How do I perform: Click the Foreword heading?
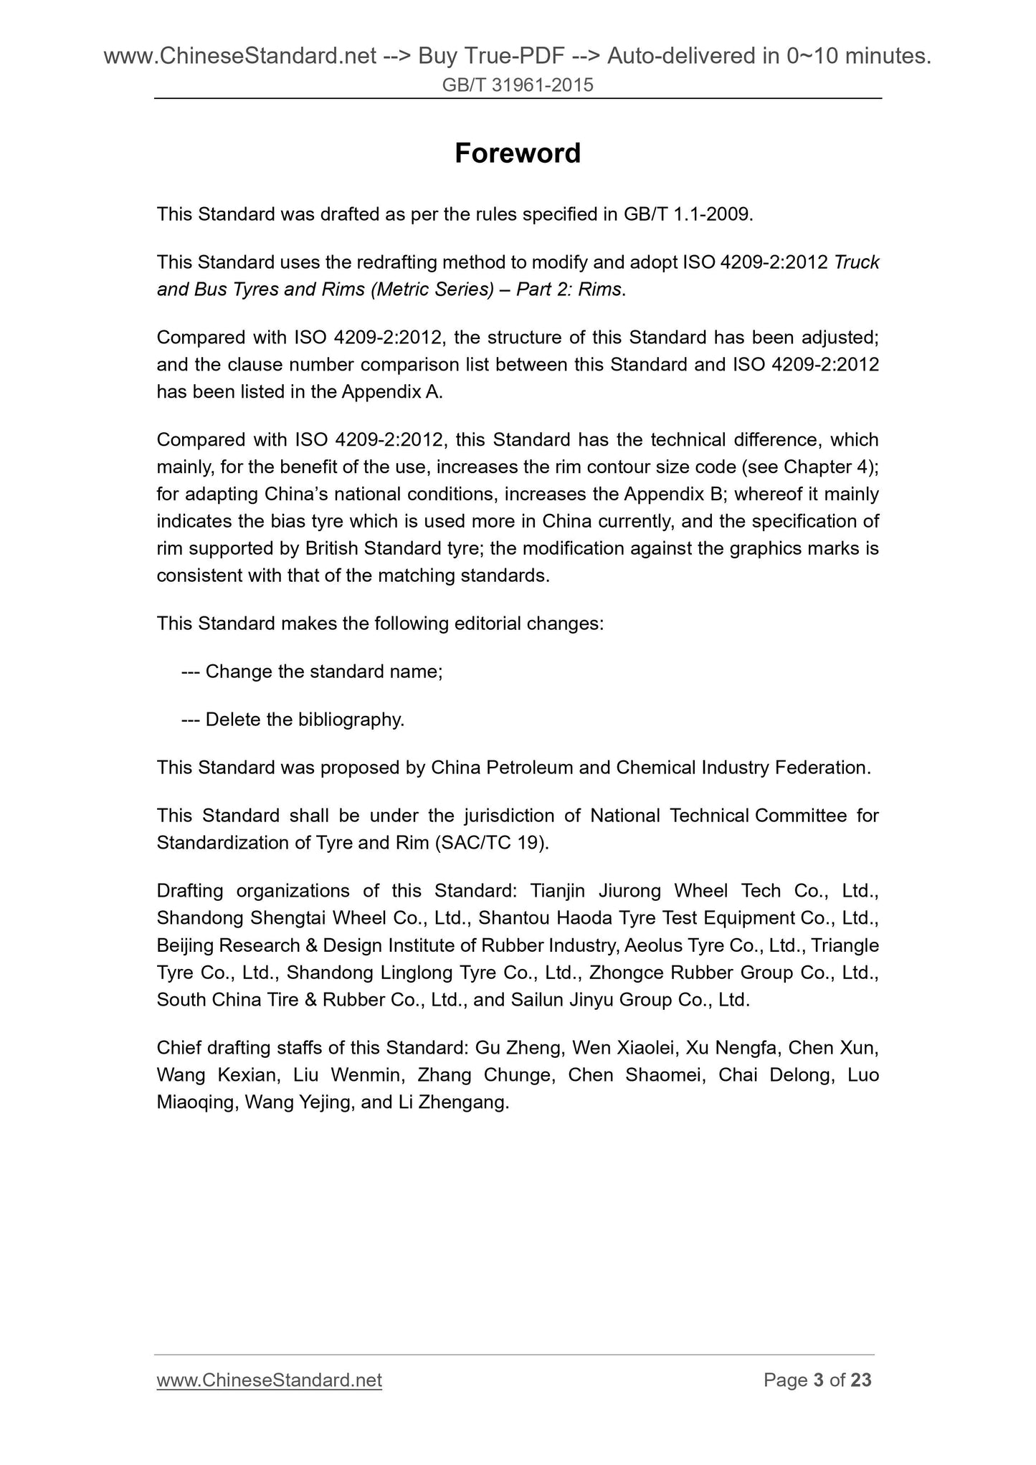pos(518,153)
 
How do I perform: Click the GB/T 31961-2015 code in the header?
pos(518,85)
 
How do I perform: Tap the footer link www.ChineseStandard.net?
pos(269,1380)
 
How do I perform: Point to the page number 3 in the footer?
pos(819,1380)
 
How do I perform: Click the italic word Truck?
pos(857,262)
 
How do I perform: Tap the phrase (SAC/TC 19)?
pos(492,842)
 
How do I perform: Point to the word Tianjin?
pos(558,891)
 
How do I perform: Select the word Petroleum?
pos(530,768)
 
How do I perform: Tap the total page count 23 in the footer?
pos(860,1380)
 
